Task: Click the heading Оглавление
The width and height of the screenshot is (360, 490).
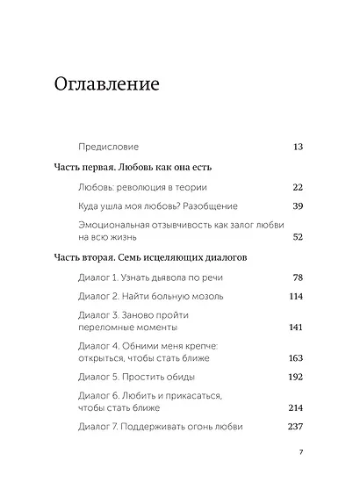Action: (106, 85)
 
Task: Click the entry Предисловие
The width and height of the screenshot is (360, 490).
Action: (109, 146)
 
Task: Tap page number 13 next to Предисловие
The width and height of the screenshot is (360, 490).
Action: (298, 146)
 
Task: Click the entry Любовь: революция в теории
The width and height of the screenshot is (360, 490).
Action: (140, 187)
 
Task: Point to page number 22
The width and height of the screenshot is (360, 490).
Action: (297, 187)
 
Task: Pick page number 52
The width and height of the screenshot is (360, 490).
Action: (297, 237)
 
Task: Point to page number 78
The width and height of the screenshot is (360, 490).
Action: (297, 277)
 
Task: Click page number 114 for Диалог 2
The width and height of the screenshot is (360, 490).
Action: (295, 296)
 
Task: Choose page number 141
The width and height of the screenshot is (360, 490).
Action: (295, 327)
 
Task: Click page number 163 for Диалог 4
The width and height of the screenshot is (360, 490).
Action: (295, 358)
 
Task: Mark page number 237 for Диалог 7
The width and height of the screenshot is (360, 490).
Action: (295, 427)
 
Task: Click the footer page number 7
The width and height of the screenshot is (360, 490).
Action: (300, 453)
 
